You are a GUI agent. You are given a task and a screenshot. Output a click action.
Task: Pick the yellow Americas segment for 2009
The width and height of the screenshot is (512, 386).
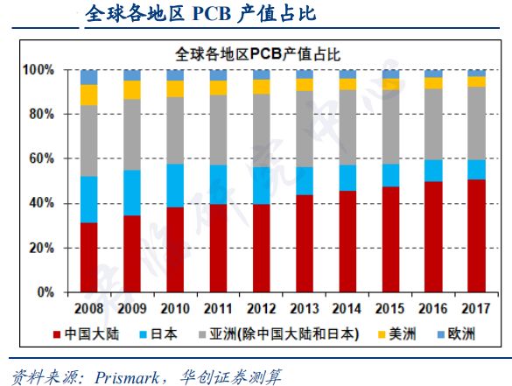click(x=131, y=89)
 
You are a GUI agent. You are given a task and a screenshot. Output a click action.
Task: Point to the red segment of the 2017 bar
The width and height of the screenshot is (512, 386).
click(x=476, y=235)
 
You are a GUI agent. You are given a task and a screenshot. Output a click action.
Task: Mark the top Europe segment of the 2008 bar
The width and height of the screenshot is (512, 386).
click(x=88, y=77)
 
